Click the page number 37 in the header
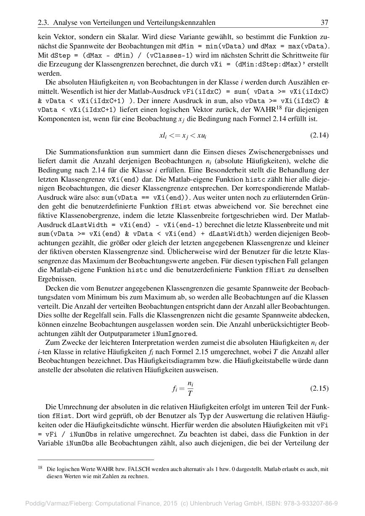324,23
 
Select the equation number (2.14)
319,135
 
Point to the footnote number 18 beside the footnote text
40,467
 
